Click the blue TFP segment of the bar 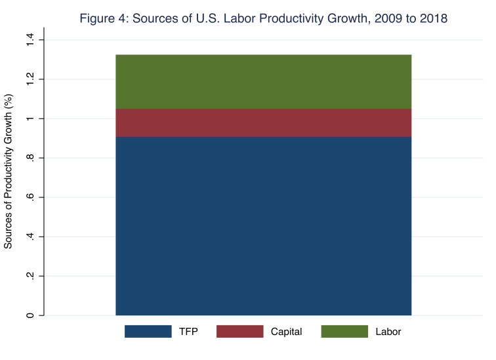click(x=263, y=226)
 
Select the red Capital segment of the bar click(x=263, y=123)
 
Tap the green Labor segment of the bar click(x=263, y=81)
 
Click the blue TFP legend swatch click(x=148, y=332)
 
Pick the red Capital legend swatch click(x=239, y=332)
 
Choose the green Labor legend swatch click(x=344, y=332)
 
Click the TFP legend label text click(x=188, y=332)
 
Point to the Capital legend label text click(x=286, y=332)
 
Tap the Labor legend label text click(x=388, y=332)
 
